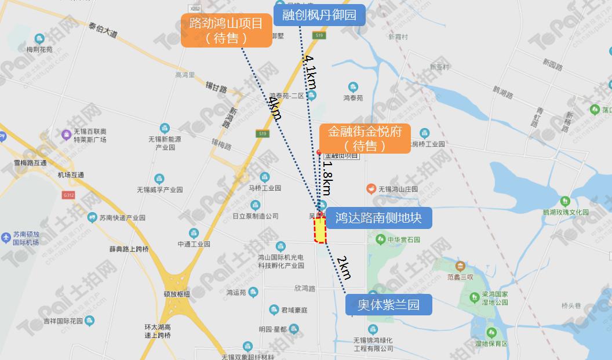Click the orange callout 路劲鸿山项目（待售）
click(x=226, y=31)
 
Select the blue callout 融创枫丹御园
click(x=319, y=15)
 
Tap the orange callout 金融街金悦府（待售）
click(x=365, y=138)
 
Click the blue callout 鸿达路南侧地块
click(x=379, y=218)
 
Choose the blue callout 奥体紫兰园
click(x=388, y=305)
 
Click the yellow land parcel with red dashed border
click(x=320, y=231)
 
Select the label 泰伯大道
click(x=103, y=30)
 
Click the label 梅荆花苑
click(x=39, y=50)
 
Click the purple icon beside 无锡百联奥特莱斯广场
click(x=65, y=135)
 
